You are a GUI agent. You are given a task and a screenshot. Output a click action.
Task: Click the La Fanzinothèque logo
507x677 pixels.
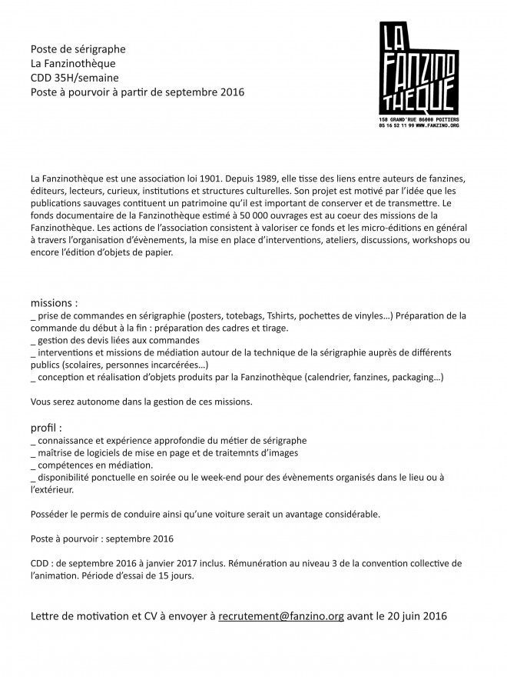[x=419, y=68]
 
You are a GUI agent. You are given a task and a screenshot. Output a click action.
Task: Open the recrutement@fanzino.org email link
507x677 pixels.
[x=281, y=616]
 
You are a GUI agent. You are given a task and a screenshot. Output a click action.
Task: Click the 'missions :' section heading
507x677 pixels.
[x=54, y=302]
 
